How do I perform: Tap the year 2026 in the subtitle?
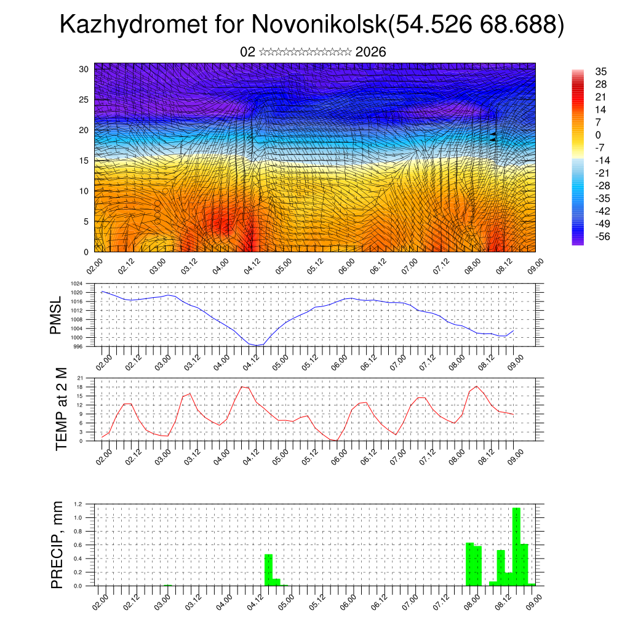click(x=370, y=52)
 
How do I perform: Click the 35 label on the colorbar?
click(x=601, y=71)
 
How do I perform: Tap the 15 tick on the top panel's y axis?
click(x=84, y=161)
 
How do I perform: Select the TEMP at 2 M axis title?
click(x=60, y=409)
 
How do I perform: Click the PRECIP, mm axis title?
click(x=57, y=544)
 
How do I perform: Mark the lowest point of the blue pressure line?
click(x=257, y=345)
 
